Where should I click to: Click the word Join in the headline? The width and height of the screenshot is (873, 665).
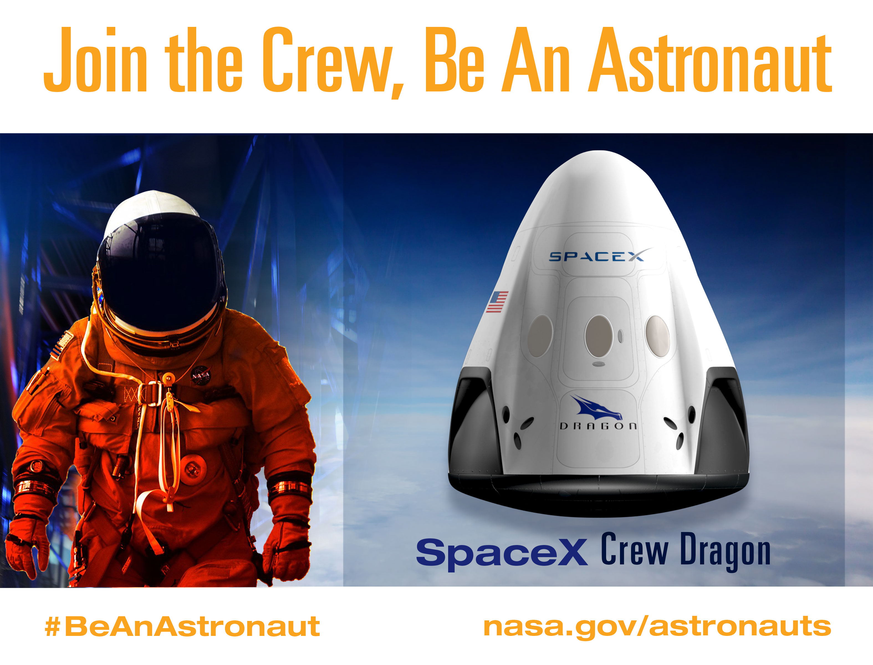(95, 59)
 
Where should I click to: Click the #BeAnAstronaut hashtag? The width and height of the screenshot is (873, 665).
(182, 626)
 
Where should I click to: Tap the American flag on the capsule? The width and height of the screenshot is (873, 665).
(497, 302)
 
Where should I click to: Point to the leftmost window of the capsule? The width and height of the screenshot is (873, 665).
(540, 335)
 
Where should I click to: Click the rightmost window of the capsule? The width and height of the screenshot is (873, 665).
(657, 336)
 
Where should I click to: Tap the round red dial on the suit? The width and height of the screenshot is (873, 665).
(193, 469)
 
